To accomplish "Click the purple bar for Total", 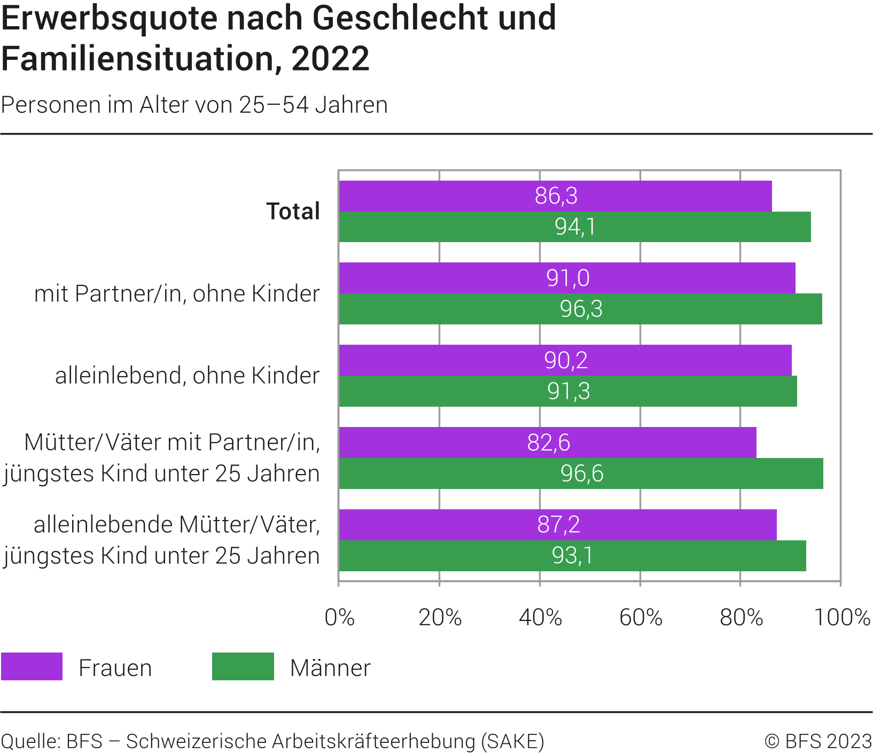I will tap(555, 196).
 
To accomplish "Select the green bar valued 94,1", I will tap(575, 227).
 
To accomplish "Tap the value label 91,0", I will tap(568, 278).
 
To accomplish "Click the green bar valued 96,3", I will tap(581, 309).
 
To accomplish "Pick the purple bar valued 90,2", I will tap(565, 360).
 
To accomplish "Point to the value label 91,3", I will tap(568, 392).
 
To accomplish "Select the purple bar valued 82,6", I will tap(548, 443).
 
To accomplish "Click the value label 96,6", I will tap(582, 474).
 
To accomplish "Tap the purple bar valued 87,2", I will tap(558, 525).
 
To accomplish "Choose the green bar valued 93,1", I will tap(572, 556).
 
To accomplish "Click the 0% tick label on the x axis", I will tap(340, 618).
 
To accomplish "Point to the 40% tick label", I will tap(540, 618).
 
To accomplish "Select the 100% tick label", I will tap(842, 618).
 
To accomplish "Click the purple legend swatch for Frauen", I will tap(32, 666).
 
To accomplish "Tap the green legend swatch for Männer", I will tap(243, 666).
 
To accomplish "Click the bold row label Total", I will tap(293, 212).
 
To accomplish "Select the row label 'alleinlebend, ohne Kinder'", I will tap(187, 376).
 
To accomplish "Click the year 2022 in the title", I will tap(330, 59).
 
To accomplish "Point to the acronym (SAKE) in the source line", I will tap(513, 741).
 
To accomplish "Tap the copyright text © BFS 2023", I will tap(818, 741).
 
